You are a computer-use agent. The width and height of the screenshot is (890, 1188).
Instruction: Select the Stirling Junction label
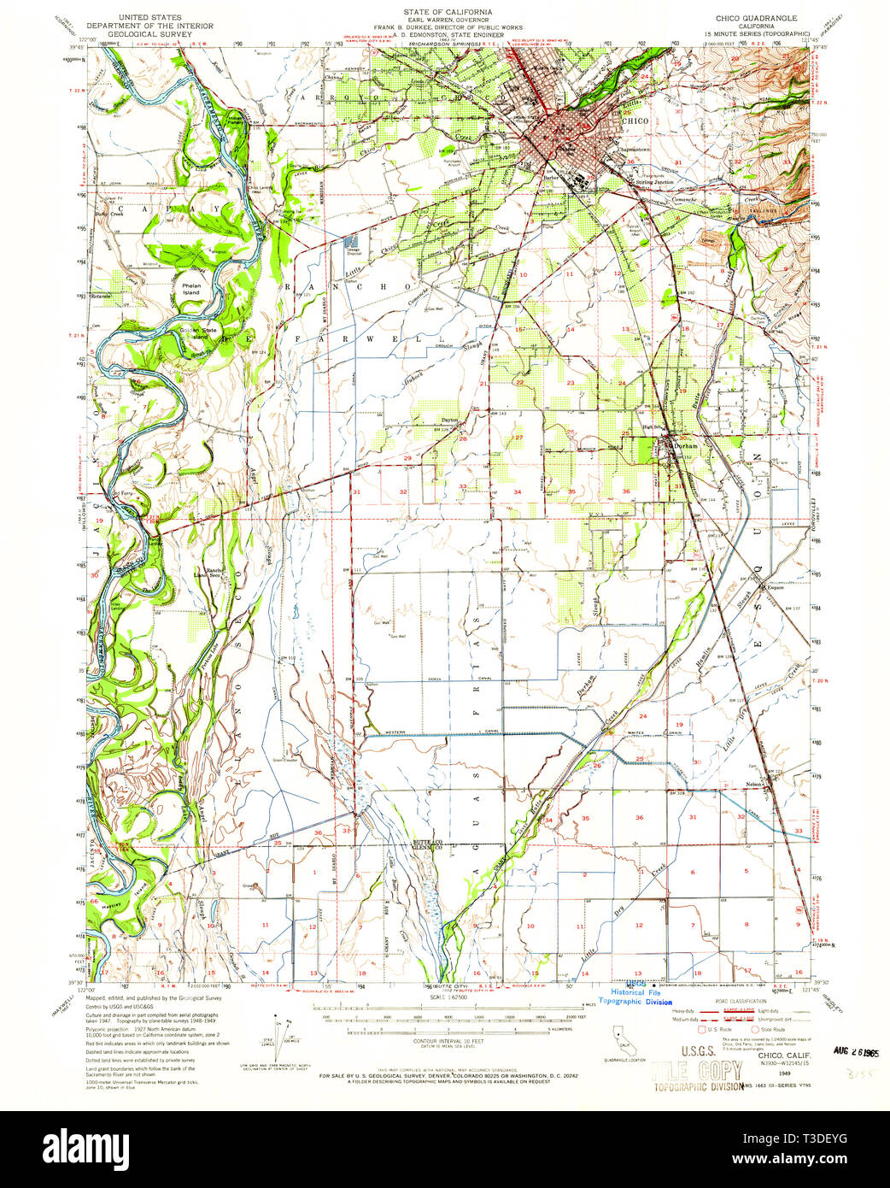pyautogui.click(x=653, y=182)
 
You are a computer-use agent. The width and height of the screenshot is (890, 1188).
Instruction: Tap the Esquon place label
pyautogui.click(x=775, y=587)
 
